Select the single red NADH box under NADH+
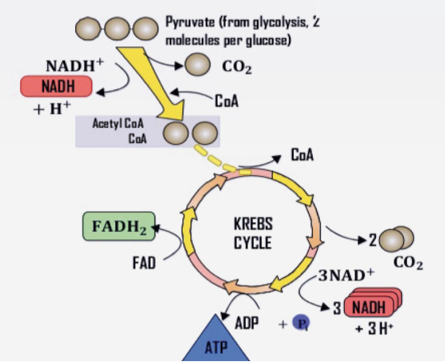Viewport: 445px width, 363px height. [x=57, y=87]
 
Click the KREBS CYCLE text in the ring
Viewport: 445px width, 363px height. [x=253, y=233]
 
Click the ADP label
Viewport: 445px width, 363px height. [x=247, y=324]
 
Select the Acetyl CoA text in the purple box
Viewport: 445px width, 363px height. [x=118, y=123]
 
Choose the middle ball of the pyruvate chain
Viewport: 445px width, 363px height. [x=118, y=28]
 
